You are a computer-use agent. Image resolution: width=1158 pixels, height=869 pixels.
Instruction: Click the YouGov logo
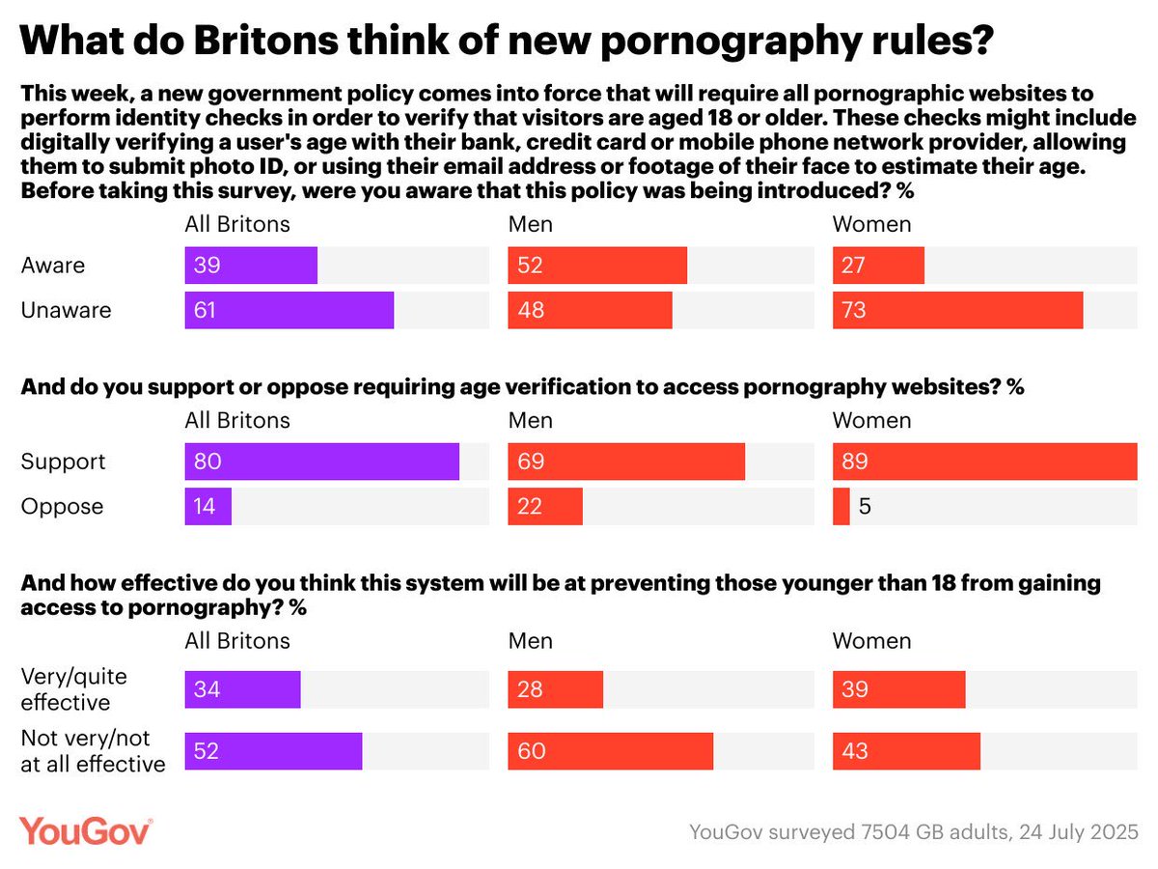[x=85, y=831]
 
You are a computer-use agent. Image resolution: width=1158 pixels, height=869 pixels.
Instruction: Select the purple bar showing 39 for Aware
[x=251, y=266]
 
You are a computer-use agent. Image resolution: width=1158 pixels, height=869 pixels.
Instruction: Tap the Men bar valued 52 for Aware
[x=597, y=266]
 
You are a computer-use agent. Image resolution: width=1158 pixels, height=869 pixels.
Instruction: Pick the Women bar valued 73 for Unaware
[x=957, y=310]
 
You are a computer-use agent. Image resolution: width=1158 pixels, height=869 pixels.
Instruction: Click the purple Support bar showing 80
[x=321, y=462]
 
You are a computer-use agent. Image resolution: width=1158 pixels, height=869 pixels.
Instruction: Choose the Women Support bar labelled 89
[x=984, y=462]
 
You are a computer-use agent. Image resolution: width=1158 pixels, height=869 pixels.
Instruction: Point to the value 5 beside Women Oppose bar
[x=865, y=507]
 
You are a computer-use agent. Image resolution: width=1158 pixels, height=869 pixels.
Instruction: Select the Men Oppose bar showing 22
[x=545, y=507]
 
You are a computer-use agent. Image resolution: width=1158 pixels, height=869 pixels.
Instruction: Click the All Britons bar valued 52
[x=273, y=751]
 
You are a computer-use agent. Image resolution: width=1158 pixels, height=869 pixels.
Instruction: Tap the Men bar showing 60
[x=611, y=751]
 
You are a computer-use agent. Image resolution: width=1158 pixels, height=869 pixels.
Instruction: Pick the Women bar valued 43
[x=906, y=751]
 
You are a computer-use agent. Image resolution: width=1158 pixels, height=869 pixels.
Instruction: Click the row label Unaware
[x=67, y=310]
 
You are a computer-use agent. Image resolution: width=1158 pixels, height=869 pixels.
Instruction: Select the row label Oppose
[x=62, y=507]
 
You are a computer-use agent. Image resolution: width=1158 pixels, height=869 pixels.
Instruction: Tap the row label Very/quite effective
[x=73, y=688]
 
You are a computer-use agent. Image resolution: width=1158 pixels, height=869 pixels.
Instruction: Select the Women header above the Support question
[x=871, y=420]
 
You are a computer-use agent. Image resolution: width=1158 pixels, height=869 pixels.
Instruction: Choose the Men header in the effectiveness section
[x=531, y=641]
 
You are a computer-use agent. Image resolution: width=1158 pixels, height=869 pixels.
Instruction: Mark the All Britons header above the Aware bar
[x=236, y=224]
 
